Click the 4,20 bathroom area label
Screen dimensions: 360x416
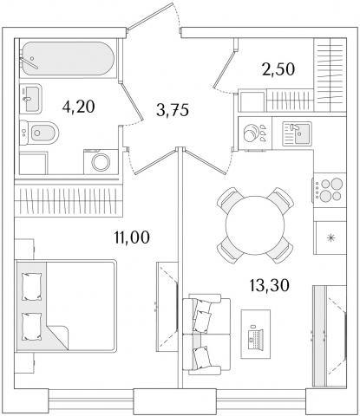pos(78,107)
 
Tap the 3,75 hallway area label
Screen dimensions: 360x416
pos(173,110)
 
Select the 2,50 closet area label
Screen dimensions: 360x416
pos(278,69)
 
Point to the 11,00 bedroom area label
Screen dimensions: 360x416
pos(132,237)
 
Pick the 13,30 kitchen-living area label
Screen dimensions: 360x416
pos(269,286)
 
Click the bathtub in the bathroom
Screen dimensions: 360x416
pos(67,59)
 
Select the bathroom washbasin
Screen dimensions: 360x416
pos(30,99)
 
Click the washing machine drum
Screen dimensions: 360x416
pos(101,162)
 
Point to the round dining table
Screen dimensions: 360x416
pos(255,225)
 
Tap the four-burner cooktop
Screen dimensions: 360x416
pos(330,190)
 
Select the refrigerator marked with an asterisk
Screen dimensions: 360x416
pos(330,237)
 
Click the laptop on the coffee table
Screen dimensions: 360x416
pos(256,337)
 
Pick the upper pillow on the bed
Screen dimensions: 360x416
pos(31,287)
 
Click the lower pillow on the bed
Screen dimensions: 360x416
pos(31,327)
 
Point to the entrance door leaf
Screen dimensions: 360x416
pos(150,16)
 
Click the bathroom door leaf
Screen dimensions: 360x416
pos(131,101)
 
